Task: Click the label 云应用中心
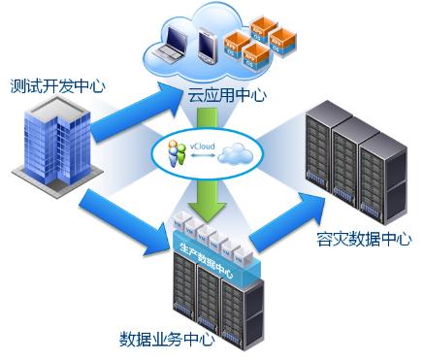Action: pyautogui.click(x=227, y=95)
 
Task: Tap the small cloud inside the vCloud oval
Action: pyautogui.click(x=236, y=153)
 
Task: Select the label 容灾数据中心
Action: pyautogui.click(x=364, y=239)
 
